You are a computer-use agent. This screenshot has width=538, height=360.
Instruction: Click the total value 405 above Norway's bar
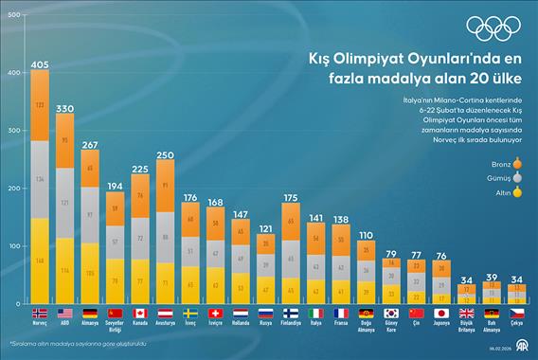click(40, 64)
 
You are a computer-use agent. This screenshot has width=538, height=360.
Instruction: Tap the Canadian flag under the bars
click(139, 312)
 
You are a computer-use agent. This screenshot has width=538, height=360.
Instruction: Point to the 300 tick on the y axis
click(13, 131)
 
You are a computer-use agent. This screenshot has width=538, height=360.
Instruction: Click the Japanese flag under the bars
click(442, 312)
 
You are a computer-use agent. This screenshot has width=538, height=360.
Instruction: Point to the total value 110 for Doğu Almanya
click(366, 234)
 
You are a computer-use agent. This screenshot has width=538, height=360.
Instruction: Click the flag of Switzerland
click(215, 312)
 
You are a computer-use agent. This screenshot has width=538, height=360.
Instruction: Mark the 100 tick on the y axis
click(13, 246)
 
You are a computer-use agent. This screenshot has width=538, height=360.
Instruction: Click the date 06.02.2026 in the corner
click(509, 351)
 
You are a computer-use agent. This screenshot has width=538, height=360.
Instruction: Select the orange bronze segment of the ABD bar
click(65, 142)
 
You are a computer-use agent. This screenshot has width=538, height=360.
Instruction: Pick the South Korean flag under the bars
click(391, 312)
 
